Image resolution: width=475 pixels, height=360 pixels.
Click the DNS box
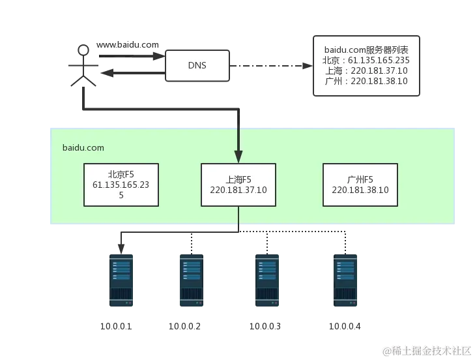[197, 66]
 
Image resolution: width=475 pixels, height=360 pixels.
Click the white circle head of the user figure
[83, 50]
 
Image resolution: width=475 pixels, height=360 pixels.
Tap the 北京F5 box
[121, 185]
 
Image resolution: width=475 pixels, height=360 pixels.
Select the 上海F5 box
[238, 185]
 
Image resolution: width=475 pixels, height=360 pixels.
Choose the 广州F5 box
[360, 185]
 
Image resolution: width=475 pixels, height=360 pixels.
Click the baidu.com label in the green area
[83, 147]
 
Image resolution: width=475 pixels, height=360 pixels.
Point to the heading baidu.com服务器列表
[366, 49]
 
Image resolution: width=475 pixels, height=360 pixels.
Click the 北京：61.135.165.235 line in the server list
[366, 60]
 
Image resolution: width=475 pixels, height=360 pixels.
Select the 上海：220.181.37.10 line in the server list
[366, 70]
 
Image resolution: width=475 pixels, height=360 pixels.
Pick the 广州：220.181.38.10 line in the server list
[366, 81]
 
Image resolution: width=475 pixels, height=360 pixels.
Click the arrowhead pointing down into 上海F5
[238, 156]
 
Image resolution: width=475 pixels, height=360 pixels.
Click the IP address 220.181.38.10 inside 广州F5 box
[360, 190]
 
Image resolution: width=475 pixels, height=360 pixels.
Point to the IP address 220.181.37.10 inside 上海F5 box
[238, 190]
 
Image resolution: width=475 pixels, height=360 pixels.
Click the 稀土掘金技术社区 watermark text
[431, 350]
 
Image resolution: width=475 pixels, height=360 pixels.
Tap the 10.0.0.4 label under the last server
[345, 325]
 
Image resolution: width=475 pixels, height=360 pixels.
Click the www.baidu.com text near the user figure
[128, 45]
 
